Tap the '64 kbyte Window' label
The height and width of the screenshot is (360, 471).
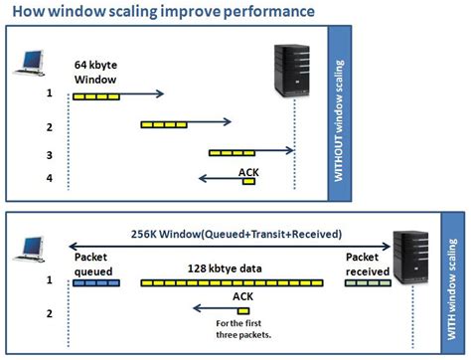click(97, 72)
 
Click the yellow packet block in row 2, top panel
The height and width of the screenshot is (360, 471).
click(163, 124)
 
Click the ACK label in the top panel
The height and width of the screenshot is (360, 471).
click(249, 170)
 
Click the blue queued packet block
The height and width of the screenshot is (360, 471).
click(96, 283)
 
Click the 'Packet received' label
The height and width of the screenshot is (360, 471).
click(370, 262)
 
